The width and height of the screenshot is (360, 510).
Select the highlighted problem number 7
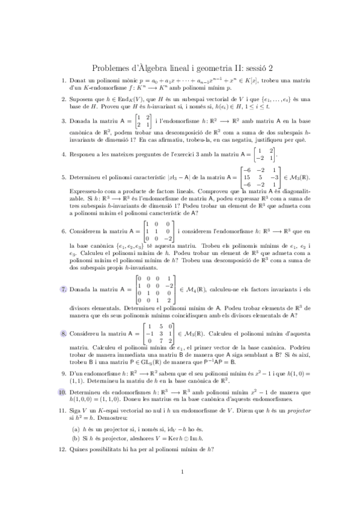coord(64,289)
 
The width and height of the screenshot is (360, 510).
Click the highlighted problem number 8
coord(64,333)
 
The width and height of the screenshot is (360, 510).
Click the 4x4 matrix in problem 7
coord(155,289)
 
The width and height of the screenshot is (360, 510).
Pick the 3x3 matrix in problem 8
coord(158,333)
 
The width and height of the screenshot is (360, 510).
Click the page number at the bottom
coord(181,488)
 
